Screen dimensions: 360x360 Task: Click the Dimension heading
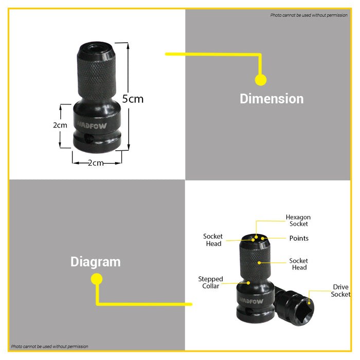272,99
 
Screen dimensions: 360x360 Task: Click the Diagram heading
96,262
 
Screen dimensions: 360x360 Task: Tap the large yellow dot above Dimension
261,80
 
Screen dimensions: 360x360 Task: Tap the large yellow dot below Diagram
97,279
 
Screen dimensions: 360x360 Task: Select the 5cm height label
133,99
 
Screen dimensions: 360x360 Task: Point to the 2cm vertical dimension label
60,125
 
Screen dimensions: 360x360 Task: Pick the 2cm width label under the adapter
96,163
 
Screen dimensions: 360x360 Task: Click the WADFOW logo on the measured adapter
92,125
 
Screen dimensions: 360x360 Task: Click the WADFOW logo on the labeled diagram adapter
251,301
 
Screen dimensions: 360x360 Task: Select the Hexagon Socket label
298,221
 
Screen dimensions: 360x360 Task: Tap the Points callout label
299,238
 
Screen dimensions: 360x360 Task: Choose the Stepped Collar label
210,282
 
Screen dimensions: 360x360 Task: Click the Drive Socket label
340,291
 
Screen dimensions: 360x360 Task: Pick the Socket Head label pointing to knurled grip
298,264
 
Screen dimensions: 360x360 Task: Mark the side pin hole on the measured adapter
88,138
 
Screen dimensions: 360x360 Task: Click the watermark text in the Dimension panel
309,15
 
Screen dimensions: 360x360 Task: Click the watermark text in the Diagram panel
49,347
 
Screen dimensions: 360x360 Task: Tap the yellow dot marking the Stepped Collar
248,283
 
